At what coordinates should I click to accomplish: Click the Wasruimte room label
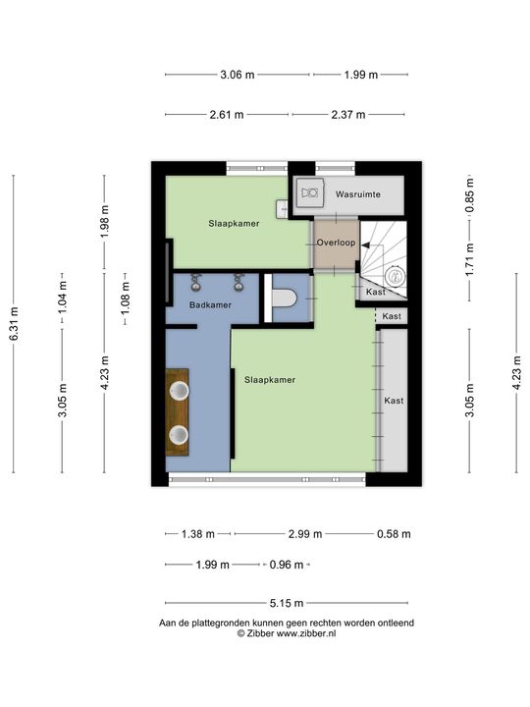[x=358, y=194]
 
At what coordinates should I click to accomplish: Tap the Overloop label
[x=336, y=243]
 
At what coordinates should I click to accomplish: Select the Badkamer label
[x=210, y=304]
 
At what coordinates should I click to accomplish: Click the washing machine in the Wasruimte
[x=310, y=192]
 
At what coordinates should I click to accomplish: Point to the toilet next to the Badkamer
[x=284, y=299]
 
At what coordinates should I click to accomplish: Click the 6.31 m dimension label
[x=15, y=324]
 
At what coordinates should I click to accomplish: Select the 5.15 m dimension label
[x=287, y=603]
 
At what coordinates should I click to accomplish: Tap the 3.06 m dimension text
[x=238, y=75]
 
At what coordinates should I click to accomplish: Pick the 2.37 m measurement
[x=348, y=115]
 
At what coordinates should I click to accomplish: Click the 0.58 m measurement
[x=394, y=534]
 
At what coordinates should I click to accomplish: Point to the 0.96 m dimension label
[x=287, y=565]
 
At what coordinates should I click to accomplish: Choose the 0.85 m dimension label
[x=470, y=195]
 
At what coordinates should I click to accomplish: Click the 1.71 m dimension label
[x=470, y=259]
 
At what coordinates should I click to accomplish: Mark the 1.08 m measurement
[x=126, y=299]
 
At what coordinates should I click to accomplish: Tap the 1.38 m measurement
[x=198, y=534]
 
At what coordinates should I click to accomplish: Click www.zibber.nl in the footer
[x=306, y=633]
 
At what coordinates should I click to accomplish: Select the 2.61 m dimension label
[x=227, y=115]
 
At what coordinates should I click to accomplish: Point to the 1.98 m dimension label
[x=105, y=221]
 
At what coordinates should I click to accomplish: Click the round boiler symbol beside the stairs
[x=396, y=276]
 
